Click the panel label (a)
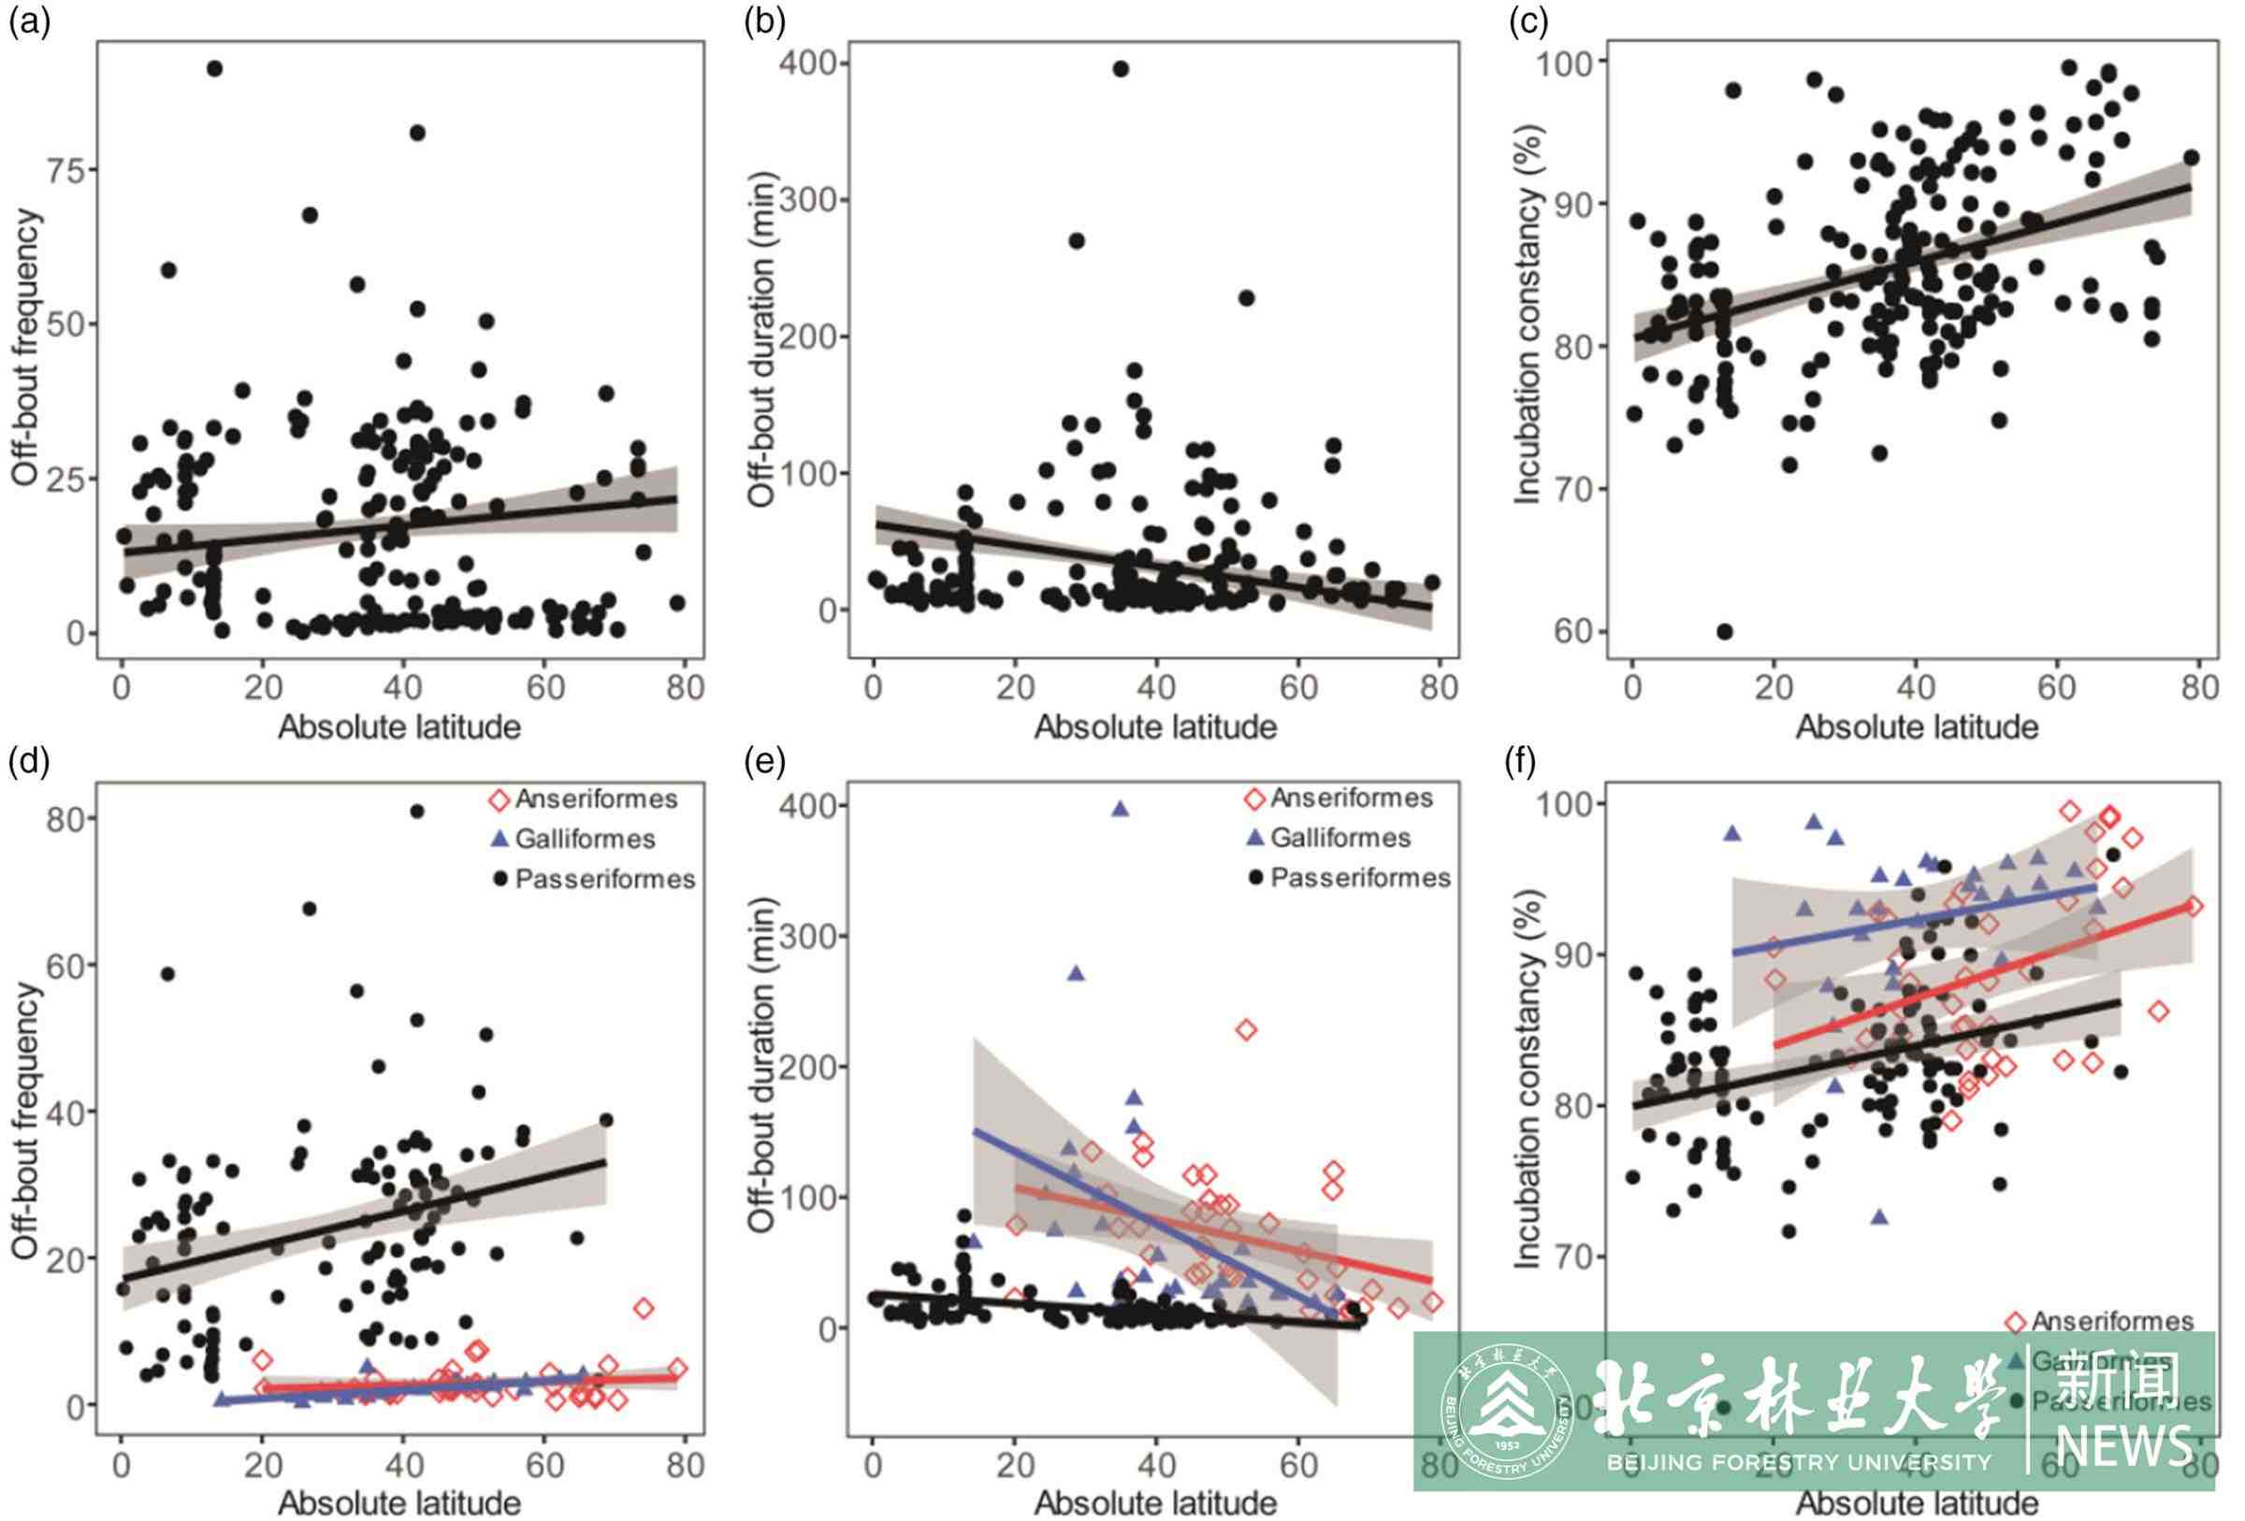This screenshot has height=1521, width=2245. (x=29, y=22)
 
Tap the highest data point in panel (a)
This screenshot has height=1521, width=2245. (x=214, y=68)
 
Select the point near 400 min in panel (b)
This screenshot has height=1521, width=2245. (x=1121, y=68)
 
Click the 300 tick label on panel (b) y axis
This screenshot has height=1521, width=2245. (x=809, y=201)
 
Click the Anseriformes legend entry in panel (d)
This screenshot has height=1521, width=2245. (x=586, y=799)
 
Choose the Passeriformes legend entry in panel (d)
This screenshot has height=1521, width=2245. (x=595, y=880)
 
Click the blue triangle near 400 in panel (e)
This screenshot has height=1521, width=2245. (x=1121, y=810)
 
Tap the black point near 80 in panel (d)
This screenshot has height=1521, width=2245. (x=417, y=811)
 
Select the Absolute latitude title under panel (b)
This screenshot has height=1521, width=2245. (x=1155, y=727)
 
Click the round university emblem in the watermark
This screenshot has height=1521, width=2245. (x=1506, y=1412)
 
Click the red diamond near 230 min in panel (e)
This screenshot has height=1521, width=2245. (x=1246, y=1030)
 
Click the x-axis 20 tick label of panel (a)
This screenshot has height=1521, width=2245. (x=263, y=688)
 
